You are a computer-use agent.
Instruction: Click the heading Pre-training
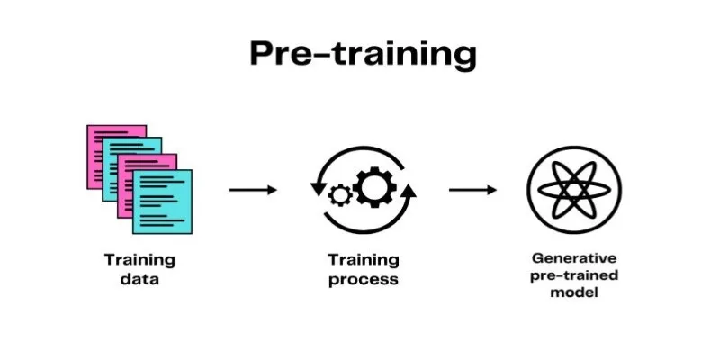[x=362, y=55]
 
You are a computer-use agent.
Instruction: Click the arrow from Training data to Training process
[x=253, y=190]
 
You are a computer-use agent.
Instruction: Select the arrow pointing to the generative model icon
[x=472, y=190]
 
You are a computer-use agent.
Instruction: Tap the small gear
[x=340, y=193]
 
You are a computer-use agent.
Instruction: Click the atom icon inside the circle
[x=573, y=190]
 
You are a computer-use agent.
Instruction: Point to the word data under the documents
[x=139, y=279]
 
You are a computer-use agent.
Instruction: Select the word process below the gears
[x=363, y=279]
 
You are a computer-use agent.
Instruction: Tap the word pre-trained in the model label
[x=573, y=275]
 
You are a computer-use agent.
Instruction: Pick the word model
[x=573, y=292]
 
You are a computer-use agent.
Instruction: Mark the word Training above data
[x=139, y=260]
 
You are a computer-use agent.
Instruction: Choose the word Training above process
[x=363, y=260]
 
